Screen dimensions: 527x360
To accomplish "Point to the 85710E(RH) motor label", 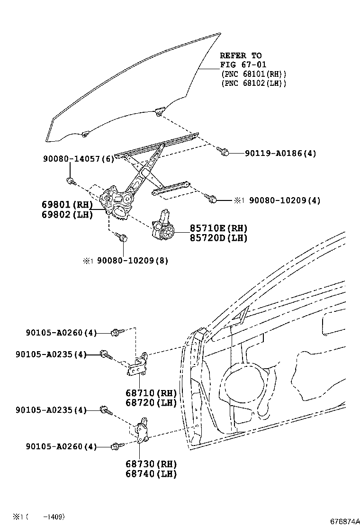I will coord(219,228).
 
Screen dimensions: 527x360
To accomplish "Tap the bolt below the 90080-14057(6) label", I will coord(70,181).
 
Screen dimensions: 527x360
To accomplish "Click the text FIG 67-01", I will coord(243,64).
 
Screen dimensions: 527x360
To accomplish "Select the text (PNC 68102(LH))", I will coord(253,83).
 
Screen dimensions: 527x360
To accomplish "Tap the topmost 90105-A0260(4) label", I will coord(61,333).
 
